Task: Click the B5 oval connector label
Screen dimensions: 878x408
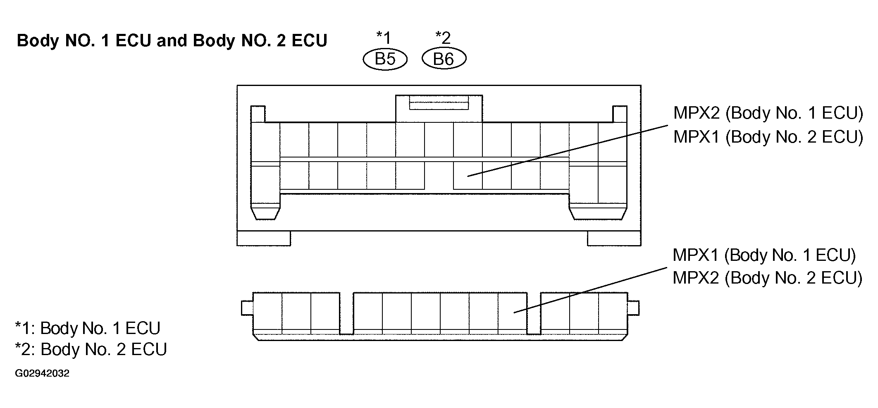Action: click(385, 59)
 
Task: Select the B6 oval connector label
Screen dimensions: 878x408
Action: click(444, 59)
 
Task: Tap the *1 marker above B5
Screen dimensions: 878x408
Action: click(383, 38)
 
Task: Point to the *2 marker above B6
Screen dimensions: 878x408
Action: click(443, 38)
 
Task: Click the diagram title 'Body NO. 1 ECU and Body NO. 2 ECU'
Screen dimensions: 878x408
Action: click(172, 41)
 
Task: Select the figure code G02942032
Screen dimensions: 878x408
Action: click(42, 374)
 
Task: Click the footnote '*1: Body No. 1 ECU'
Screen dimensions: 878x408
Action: click(88, 328)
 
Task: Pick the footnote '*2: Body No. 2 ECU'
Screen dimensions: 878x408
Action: click(91, 350)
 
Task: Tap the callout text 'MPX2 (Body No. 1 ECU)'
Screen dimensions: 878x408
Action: click(768, 113)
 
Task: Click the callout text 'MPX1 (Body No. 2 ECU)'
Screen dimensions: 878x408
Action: click(768, 137)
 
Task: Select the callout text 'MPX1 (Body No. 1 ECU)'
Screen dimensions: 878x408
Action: click(764, 255)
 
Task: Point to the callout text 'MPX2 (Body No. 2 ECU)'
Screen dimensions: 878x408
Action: click(768, 278)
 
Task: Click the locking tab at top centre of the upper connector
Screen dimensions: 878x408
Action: click(439, 108)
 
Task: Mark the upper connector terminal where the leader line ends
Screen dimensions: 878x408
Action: click(468, 176)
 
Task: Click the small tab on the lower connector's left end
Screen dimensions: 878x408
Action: click(247, 308)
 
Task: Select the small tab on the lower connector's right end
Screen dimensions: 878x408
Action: click(633, 308)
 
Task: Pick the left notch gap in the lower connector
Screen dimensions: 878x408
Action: click(346, 313)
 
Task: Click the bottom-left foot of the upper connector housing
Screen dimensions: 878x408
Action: click(264, 238)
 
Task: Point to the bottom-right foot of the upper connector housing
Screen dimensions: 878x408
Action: click(614, 238)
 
